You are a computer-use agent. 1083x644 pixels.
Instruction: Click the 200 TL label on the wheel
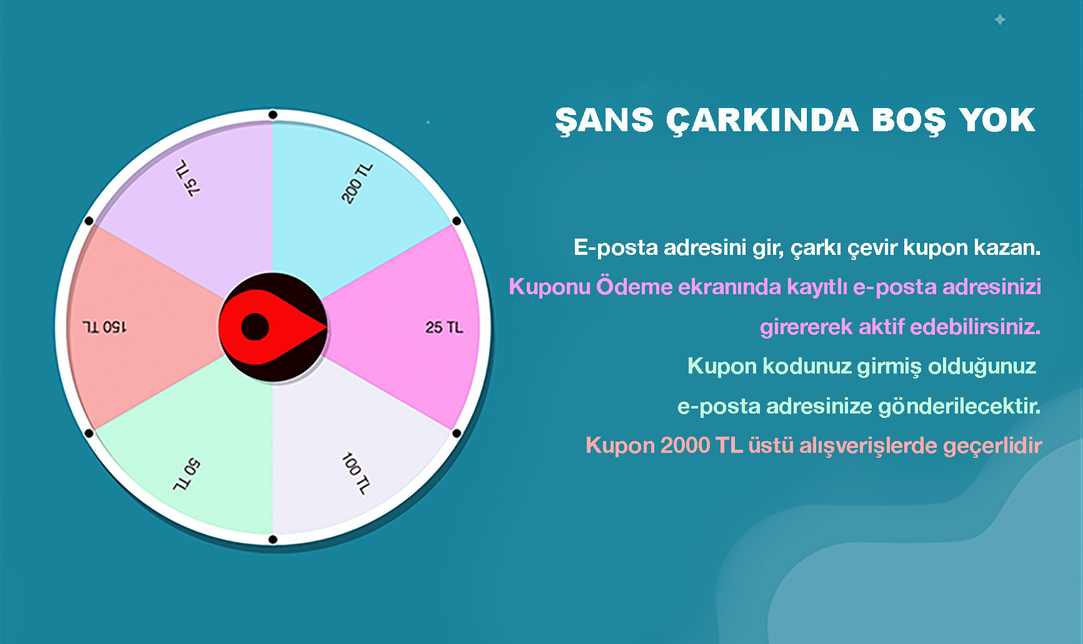point(357,183)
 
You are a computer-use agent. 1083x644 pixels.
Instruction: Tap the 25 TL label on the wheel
point(444,327)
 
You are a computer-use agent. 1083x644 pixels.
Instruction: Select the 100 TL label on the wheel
point(356,473)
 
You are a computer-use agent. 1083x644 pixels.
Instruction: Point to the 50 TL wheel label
point(186,475)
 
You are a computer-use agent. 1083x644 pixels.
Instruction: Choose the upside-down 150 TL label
point(104,327)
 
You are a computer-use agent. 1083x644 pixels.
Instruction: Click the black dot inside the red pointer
point(255,327)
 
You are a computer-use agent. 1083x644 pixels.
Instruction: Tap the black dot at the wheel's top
point(273,115)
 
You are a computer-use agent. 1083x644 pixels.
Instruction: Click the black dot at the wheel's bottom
point(273,539)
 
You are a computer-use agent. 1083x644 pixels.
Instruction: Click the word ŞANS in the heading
point(604,121)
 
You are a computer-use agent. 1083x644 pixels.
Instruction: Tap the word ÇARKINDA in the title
point(762,121)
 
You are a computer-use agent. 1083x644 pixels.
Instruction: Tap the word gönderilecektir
point(959,406)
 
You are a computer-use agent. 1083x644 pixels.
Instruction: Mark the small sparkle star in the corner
point(1000,20)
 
